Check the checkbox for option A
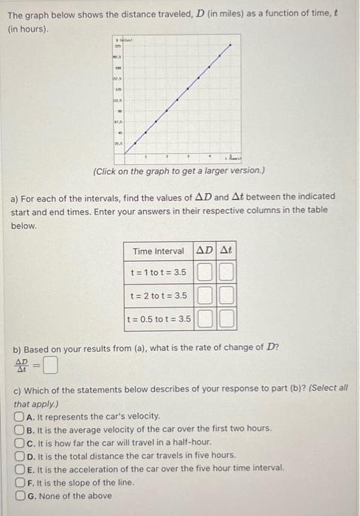pos(19,416)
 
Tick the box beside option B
pos(19,429)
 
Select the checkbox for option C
pos(19,442)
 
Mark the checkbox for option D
pos(19,456)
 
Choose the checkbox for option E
pos(19,469)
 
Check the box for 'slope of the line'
pos(19,482)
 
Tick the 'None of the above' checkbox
pos(19,495)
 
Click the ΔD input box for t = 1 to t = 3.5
pos(205,272)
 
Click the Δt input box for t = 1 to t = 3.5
pos(226,272)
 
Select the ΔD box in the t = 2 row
pos(205,296)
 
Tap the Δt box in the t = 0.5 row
pos(226,320)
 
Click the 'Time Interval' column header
pos(159,251)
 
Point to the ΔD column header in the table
pos(205,251)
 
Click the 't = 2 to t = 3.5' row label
pos(159,296)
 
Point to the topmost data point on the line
pos(230,45)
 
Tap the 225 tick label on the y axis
pos(116,46)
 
